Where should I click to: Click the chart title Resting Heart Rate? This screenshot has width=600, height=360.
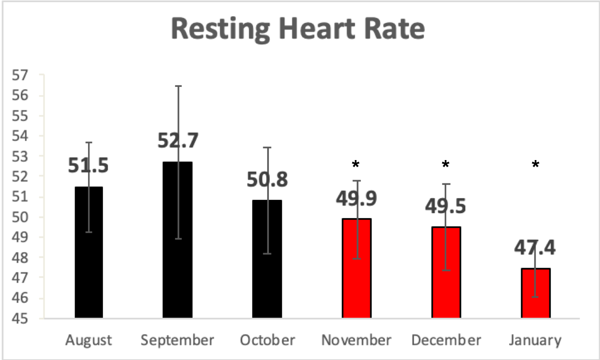tap(298, 29)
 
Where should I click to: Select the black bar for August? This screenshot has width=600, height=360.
tap(89, 266)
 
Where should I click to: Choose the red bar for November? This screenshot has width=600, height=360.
tap(356, 275)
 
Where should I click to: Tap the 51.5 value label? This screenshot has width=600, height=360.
tap(88, 165)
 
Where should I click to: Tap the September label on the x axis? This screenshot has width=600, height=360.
tap(177, 340)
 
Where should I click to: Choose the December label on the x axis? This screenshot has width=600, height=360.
tap(446, 340)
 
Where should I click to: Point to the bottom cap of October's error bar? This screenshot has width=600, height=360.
tap(267, 254)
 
